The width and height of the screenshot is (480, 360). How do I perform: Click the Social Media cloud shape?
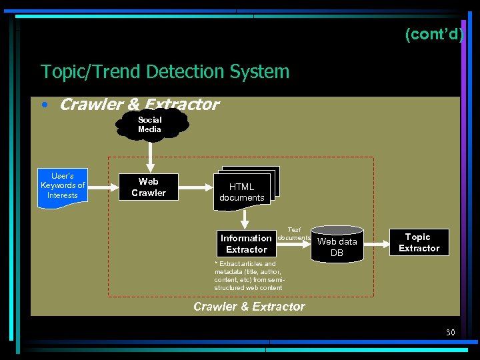[150, 125]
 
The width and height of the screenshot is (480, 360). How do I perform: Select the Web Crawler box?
[149, 187]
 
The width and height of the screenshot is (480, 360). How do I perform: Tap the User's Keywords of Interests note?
[63, 186]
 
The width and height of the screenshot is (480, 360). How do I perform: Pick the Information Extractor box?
[246, 243]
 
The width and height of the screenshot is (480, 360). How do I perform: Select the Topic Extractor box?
[419, 242]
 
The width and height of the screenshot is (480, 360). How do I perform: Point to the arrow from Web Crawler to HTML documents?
[195, 187]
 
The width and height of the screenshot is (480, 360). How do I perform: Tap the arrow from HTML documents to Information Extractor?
[245, 219]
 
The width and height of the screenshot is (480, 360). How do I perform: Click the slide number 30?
[450, 332]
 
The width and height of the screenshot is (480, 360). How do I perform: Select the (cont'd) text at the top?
[433, 35]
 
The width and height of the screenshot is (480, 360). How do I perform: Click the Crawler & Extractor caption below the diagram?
[249, 307]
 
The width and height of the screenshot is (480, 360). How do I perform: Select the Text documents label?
[294, 234]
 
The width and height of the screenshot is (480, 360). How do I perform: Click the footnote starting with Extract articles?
[249, 276]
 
